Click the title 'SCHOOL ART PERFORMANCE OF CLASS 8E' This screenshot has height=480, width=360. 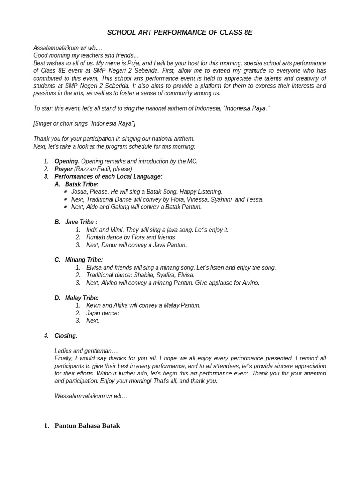click(x=180, y=32)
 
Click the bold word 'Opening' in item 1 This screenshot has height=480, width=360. click(x=66, y=161)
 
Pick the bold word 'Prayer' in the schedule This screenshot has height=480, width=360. click(x=63, y=169)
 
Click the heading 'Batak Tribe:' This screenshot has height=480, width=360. click(x=82, y=184)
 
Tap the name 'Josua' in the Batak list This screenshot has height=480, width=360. click(x=79, y=192)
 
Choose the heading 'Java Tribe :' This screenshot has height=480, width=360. click(x=81, y=222)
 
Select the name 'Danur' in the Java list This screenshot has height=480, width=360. click(x=109, y=245)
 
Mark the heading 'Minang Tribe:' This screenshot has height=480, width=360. click(x=84, y=260)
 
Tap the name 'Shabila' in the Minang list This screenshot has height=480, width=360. click(x=147, y=275)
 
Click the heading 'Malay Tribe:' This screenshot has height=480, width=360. click(x=82, y=298)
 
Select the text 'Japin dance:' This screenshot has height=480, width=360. click(x=103, y=313)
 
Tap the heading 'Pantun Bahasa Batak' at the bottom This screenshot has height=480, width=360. click(x=87, y=426)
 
